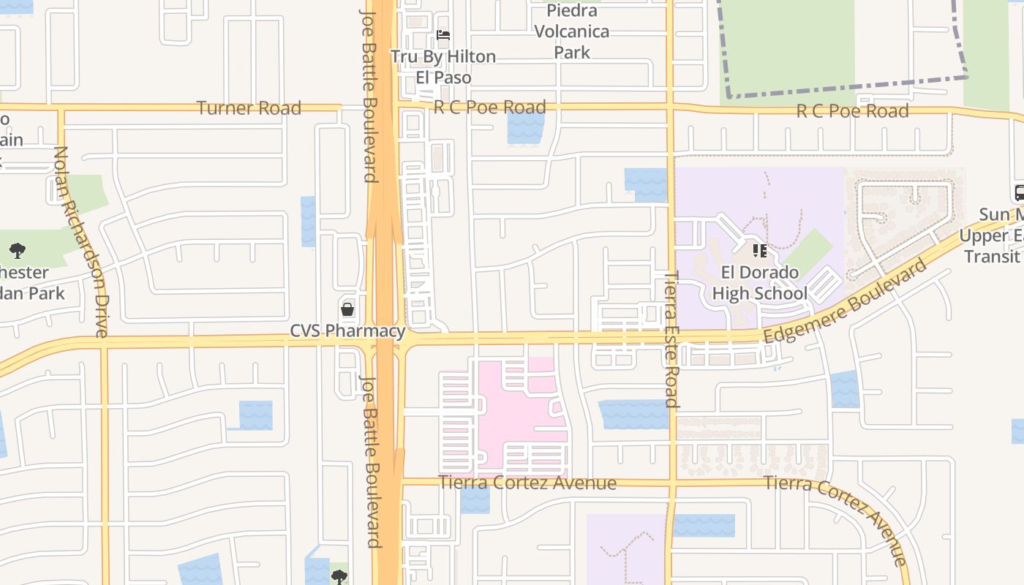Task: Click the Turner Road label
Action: (x=249, y=108)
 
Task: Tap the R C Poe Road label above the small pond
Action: (x=489, y=107)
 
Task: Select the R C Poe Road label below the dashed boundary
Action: (x=852, y=111)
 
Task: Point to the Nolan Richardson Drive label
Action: (x=80, y=241)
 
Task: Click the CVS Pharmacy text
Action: (x=347, y=331)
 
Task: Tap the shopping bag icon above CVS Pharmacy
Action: (x=347, y=309)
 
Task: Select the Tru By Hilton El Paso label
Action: (x=443, y=67)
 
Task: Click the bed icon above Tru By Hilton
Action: (x=443, y=34)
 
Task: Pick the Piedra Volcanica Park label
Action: (x=571, y=31)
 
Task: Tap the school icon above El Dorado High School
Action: (x=760, y=251)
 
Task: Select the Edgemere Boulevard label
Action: (x=845, y=301)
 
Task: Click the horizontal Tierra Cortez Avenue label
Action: (x=527, y=483)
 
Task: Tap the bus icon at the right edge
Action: (x=1019, y=193)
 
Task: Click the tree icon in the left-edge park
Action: (x=18, y=252)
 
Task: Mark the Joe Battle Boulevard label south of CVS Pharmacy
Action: (x=372, y=461)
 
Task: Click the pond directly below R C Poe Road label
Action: (x=525, y=129)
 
